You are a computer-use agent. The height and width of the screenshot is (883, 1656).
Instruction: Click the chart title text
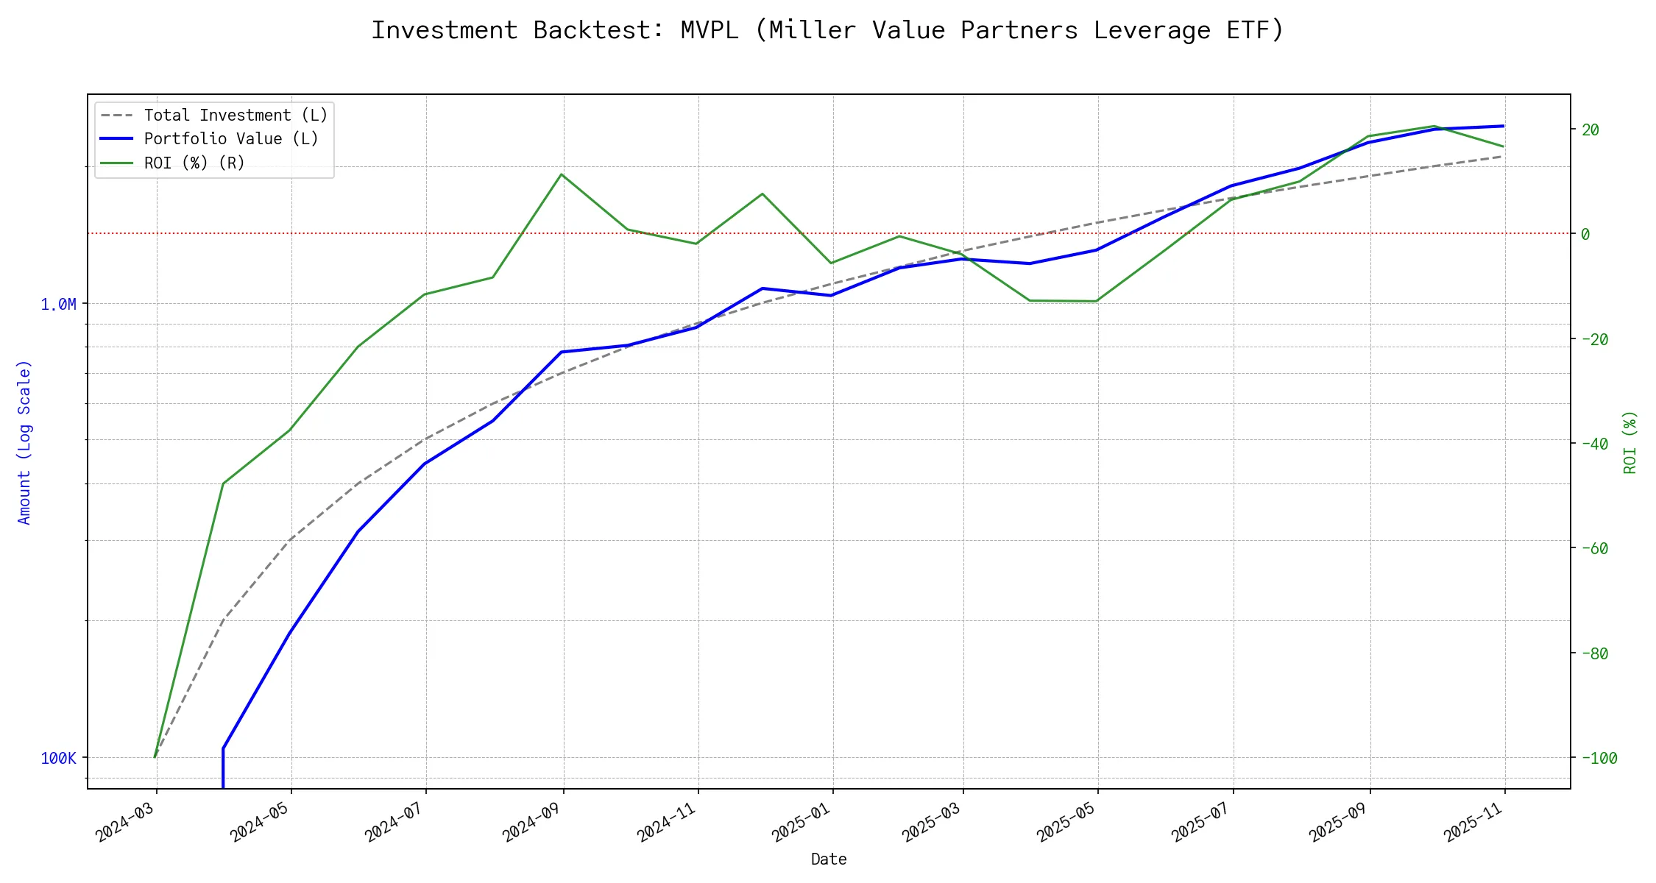point(827,30)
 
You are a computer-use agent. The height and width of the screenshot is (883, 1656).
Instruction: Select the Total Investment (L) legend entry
point(236,116)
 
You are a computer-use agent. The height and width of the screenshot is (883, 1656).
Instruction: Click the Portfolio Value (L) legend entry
point(231,139)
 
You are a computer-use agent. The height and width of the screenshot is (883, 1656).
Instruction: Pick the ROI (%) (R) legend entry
point(194,163)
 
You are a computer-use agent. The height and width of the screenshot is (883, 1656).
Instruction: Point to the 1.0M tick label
point(58,305)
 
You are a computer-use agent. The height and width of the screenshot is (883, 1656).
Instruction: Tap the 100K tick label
point(58,759)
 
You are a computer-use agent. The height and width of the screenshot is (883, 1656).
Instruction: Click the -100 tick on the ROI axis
point(1599,759)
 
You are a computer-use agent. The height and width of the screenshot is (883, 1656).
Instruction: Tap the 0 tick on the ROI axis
point(1585,235)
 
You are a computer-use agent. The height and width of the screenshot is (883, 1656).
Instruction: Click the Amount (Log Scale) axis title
point(25,442)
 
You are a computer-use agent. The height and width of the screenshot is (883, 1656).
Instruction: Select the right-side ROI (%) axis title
point(1630,442)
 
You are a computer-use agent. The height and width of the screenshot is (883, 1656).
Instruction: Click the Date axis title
point(829,859)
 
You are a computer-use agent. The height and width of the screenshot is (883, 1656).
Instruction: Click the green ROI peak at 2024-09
point(562,174)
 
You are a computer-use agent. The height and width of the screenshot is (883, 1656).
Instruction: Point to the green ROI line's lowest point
point(155,756)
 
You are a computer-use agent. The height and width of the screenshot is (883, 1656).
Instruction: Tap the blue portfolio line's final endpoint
point(1503,126)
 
